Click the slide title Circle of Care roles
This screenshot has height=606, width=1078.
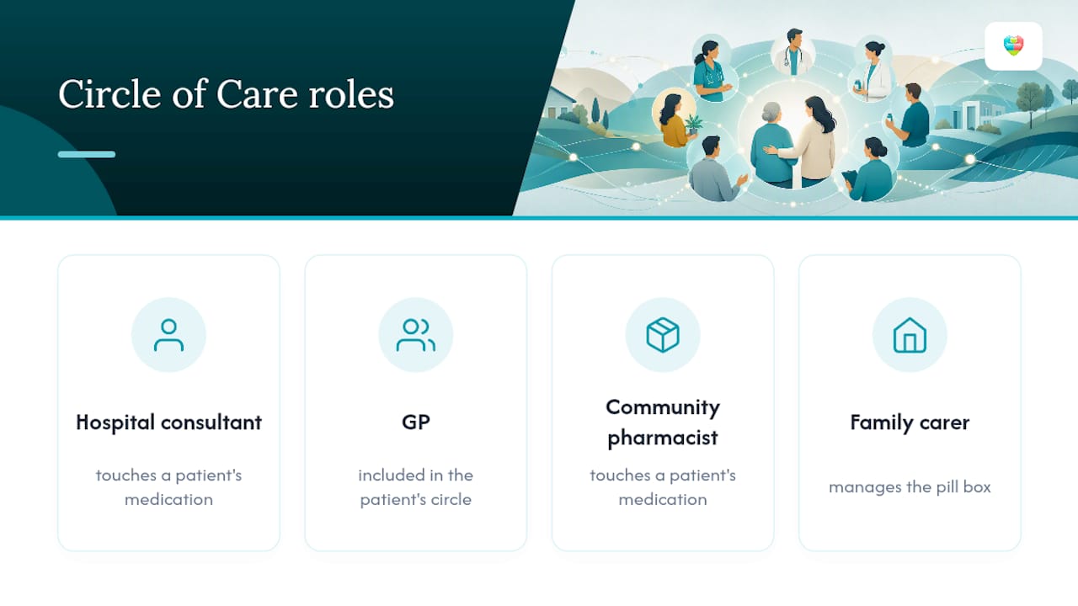(x=227, y=94)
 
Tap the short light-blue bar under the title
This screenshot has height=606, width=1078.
(x=87, y=154)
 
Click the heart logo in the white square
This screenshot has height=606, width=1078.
(x=1013, y=45)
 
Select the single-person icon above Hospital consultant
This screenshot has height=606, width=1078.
(x=168, y=335)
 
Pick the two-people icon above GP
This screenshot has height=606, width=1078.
(x=416, y=335)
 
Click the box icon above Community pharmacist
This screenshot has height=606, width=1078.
(x=663, y=335)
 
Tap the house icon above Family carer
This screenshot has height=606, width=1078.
(x=910, y=335)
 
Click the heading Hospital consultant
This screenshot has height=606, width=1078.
(x=168, y=423)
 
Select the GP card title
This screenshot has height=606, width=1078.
(x=416, y=423)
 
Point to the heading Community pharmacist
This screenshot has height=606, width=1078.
(x=663, y=423)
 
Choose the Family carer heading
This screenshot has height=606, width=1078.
(x=910, y=423)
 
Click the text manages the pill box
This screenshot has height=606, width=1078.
(x=910, y=486)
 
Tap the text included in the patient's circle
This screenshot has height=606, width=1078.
(x=416, y=487)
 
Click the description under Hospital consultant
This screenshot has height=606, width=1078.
(x=168, y=487)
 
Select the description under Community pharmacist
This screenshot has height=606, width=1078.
(x=663, y=487)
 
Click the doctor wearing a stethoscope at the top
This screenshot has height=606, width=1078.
(x=793, y=52)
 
